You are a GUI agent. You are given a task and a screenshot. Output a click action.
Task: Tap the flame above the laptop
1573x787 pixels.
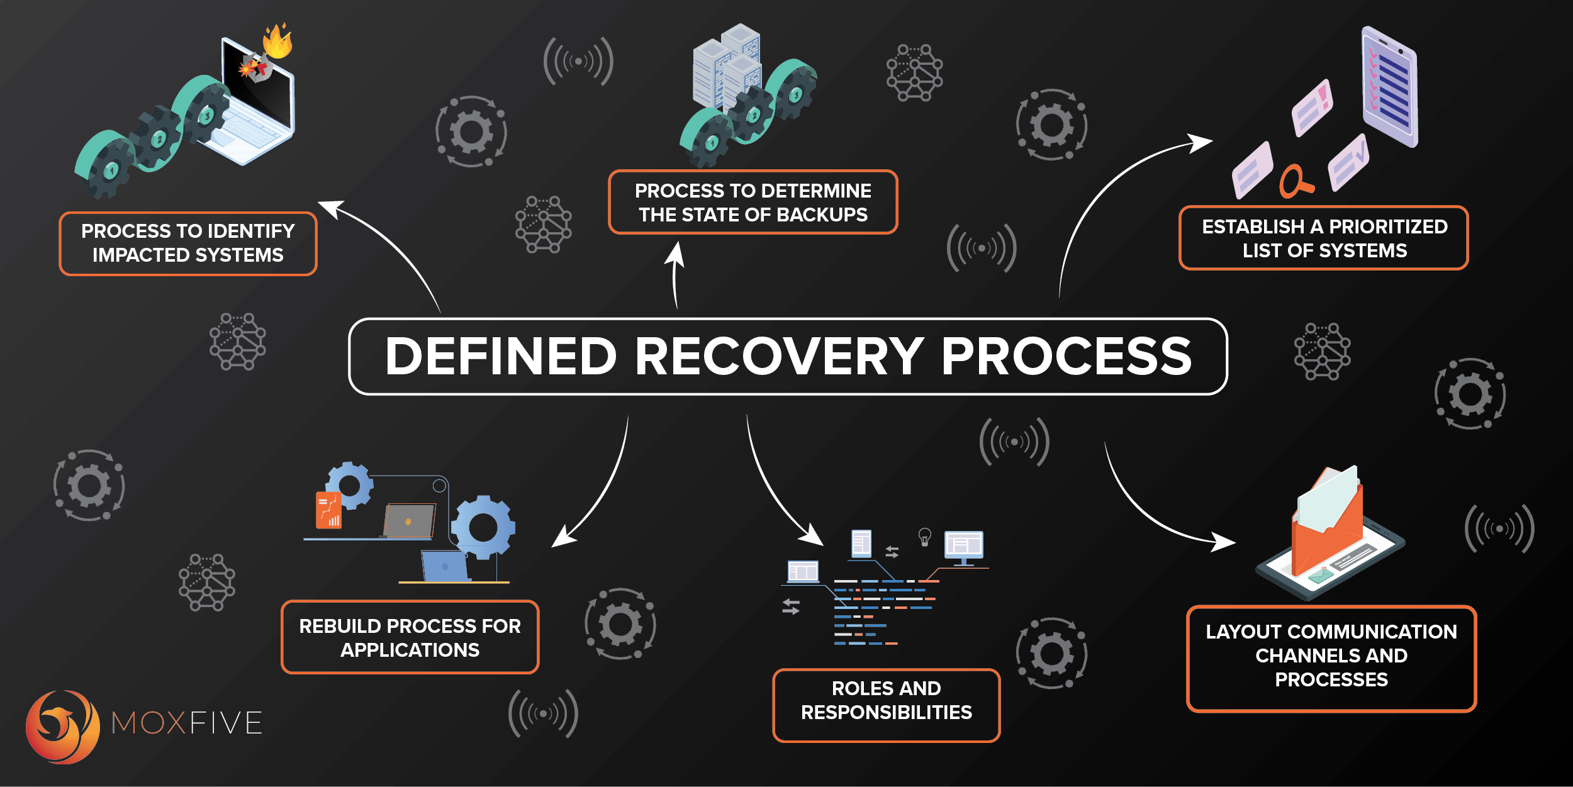pos(277,42)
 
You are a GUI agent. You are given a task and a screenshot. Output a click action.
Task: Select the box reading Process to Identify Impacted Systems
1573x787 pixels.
pos(188,243)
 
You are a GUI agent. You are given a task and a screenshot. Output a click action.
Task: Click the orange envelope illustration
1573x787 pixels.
pos(1328,528)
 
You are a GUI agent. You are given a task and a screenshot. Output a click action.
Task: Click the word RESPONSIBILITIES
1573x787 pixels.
pos(886,712)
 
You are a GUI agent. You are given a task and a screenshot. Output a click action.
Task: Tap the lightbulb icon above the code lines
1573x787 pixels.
pos(924,537)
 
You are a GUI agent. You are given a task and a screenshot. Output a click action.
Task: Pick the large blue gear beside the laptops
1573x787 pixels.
pos(483,527)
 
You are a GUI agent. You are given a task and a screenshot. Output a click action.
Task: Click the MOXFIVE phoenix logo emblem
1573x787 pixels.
pos(62,727)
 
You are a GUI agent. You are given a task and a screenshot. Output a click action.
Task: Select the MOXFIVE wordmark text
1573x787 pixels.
pos(187,723)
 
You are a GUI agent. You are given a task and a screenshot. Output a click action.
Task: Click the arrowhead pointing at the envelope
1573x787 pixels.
pos(1224,542)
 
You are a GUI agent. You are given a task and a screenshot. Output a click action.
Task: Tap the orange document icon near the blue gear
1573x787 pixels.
pos(328,510)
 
